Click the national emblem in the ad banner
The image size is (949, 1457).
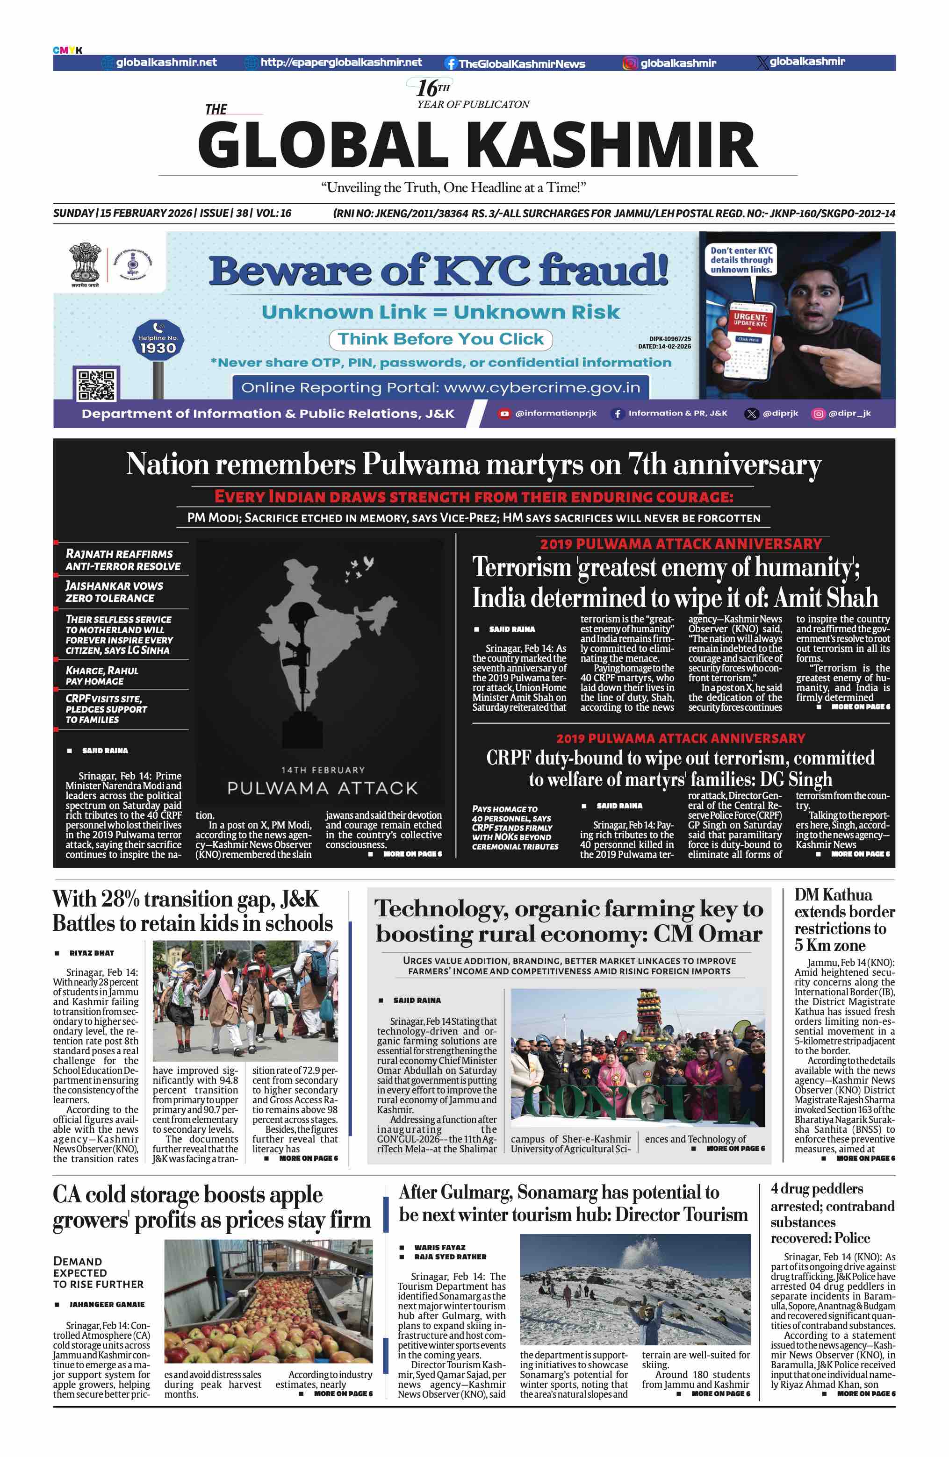(85, 264)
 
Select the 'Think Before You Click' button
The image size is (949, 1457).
(440, 339)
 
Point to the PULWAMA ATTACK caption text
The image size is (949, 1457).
(322, 788)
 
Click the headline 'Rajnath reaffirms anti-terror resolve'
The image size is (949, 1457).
(122, 559)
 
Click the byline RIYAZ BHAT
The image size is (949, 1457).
(91, 952)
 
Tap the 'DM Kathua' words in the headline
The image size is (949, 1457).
(833, 894)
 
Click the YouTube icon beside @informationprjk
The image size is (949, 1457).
(504, 414)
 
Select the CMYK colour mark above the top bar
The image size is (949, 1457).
(67, 50)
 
